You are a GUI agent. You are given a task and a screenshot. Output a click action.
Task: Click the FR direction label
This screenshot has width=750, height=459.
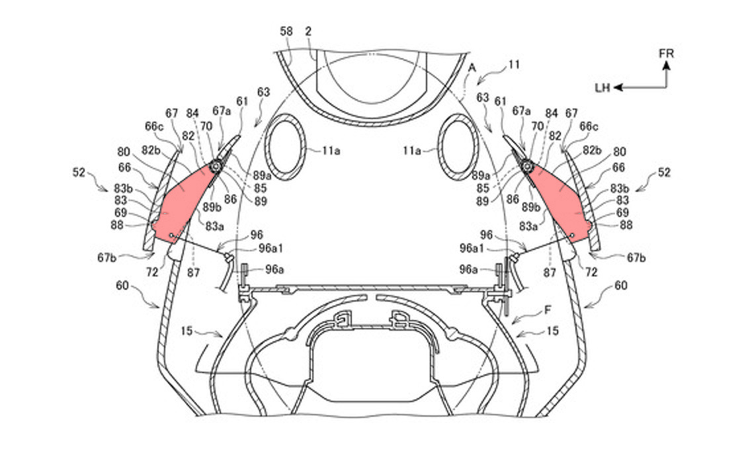[666, 53]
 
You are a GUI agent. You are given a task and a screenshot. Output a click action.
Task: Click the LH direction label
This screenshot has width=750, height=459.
[603, 87]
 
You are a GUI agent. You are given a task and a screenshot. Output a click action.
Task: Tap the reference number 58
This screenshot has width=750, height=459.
[286, 31]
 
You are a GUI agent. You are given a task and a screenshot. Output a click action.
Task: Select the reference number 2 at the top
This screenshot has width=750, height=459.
[308, 31]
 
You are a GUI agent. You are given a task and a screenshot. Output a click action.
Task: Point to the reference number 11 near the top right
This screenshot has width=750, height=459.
[514, 64]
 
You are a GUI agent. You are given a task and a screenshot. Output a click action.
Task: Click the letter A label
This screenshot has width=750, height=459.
[472, 68]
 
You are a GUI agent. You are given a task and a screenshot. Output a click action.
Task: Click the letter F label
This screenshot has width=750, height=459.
[548, 310]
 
